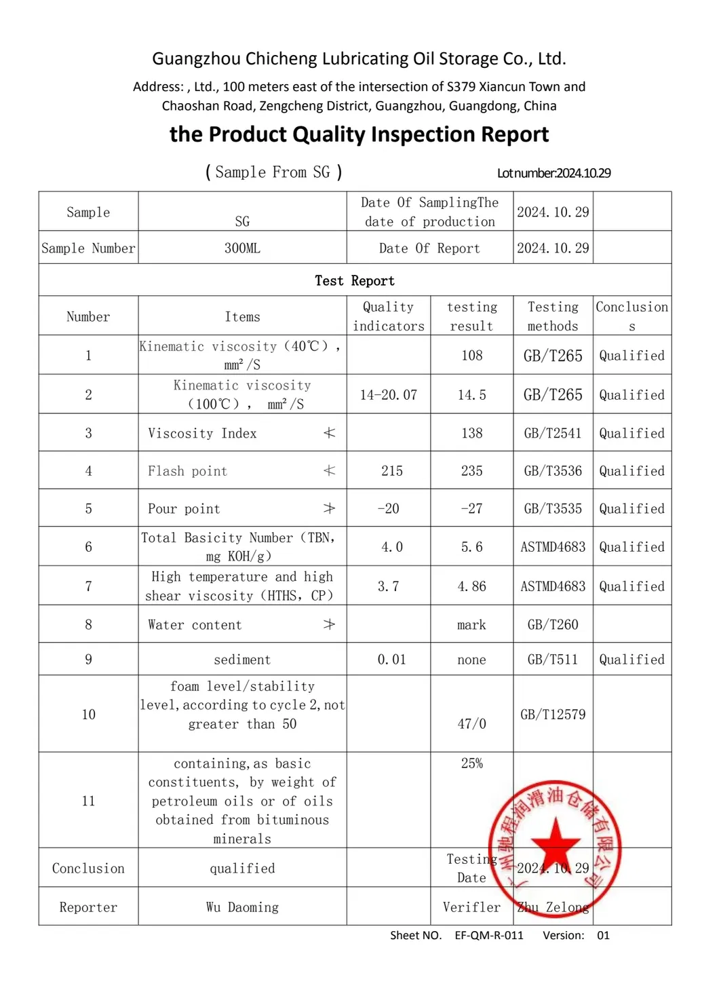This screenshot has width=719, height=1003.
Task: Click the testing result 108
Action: coord(471,356)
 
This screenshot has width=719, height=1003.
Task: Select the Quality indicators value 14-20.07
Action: coord(388,395)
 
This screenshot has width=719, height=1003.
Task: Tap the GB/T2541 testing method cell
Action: coord(553,433)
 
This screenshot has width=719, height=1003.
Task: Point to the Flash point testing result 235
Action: coord(471,471)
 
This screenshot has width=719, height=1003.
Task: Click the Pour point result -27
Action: coord(471,509)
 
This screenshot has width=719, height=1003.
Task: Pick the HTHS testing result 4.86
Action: coord(471,586)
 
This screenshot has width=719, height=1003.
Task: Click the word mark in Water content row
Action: coord(471,625)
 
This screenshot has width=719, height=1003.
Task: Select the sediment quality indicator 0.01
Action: coord(391,660)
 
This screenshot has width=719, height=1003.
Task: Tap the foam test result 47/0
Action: coord(471,724)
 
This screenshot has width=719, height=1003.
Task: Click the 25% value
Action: coord(471,763)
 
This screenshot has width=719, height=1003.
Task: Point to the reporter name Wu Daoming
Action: coord(242,907)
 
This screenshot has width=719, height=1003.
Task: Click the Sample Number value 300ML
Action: coord(242,248)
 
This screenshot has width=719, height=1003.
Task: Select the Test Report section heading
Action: coord(354,281)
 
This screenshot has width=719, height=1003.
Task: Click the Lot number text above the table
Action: coord(553,173)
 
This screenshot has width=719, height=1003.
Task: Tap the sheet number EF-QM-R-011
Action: coord(489,935)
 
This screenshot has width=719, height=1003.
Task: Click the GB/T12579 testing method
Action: coord(553,715)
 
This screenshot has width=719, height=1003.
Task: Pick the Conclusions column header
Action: coord(631,316)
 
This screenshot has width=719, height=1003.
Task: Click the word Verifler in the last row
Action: coord(471,907)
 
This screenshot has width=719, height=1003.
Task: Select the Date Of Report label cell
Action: coord(429,248)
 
